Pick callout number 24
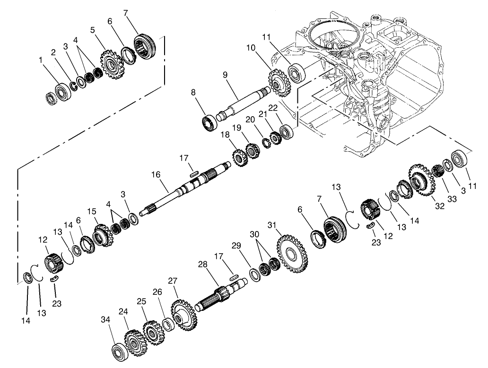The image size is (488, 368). (x=123, y=311)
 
